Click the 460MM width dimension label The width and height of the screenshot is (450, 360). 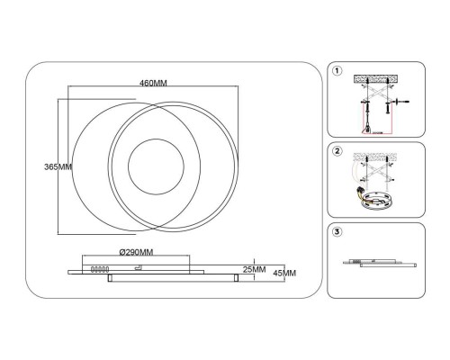[153, 83]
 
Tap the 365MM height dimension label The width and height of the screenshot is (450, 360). [58, 166]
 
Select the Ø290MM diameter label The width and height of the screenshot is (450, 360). [136, 252]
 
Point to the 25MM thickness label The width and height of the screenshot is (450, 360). [254, 269]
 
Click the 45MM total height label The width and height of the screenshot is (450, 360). [284, 273]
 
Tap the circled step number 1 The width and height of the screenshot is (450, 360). [337, 71]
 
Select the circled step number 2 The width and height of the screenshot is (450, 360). [337, 151]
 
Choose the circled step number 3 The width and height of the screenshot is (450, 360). [337, 231]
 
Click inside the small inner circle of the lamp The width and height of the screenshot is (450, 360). [156, 166]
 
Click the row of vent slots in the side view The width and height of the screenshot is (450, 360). [100, 270]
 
